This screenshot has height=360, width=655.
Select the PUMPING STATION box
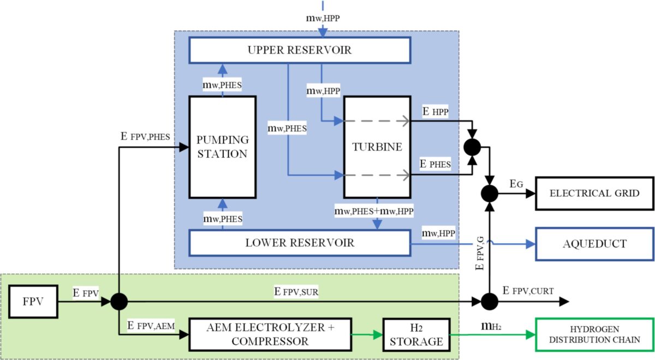[223, 147]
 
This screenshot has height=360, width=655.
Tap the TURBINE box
[377, 147]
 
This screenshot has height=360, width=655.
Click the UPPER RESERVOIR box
[299, 51]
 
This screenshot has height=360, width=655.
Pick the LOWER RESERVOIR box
[299, 243]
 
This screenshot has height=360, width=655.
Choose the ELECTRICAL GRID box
[594, 193]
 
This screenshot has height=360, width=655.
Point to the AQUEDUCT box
[594, 244]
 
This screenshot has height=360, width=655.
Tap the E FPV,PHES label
[147, 136]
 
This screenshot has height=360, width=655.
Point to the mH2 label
[491, 326]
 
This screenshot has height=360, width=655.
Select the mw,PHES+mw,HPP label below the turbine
[377, 209]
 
